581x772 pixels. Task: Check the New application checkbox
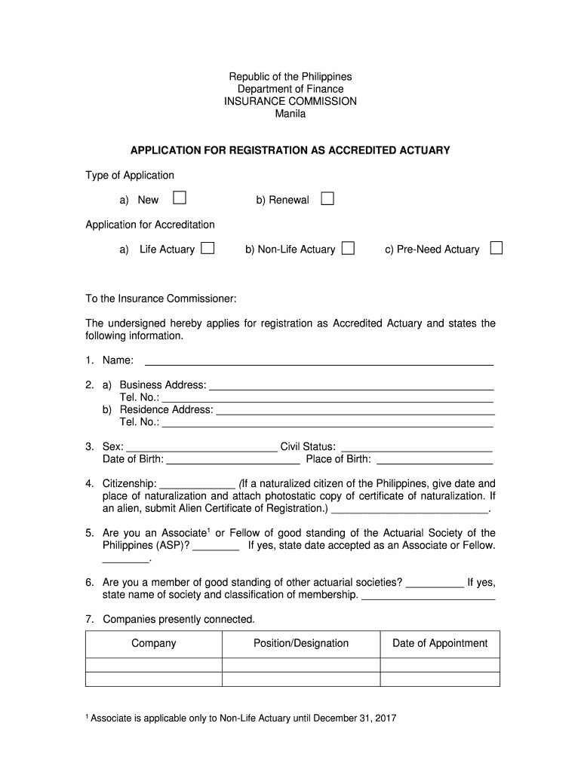click(x=180, y=198)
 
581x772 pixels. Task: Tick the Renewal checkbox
click(x=327, y=198)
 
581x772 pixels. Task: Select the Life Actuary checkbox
click(x=207, y=248)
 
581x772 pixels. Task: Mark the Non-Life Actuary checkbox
click(x=348, y=248)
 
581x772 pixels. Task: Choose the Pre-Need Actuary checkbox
click(x=496, y=248)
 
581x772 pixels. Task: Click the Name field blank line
click(x=318, y=360)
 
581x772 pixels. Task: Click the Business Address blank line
click(x=351, y=385)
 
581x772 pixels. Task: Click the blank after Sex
click(x=201, y=447)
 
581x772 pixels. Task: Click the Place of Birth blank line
click(x=434, y=459)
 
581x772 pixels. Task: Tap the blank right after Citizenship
click(x=198, y=484)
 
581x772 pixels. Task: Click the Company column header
click(x=153, y=643)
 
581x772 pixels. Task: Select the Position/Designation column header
click(x=301, y=643)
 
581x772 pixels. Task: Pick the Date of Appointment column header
click(x=440, y=643)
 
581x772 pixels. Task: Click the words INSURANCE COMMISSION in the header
click(x=290, y=101)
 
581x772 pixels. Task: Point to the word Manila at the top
click(x=290, y=113)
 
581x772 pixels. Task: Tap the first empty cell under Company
click(x=153, y=665)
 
